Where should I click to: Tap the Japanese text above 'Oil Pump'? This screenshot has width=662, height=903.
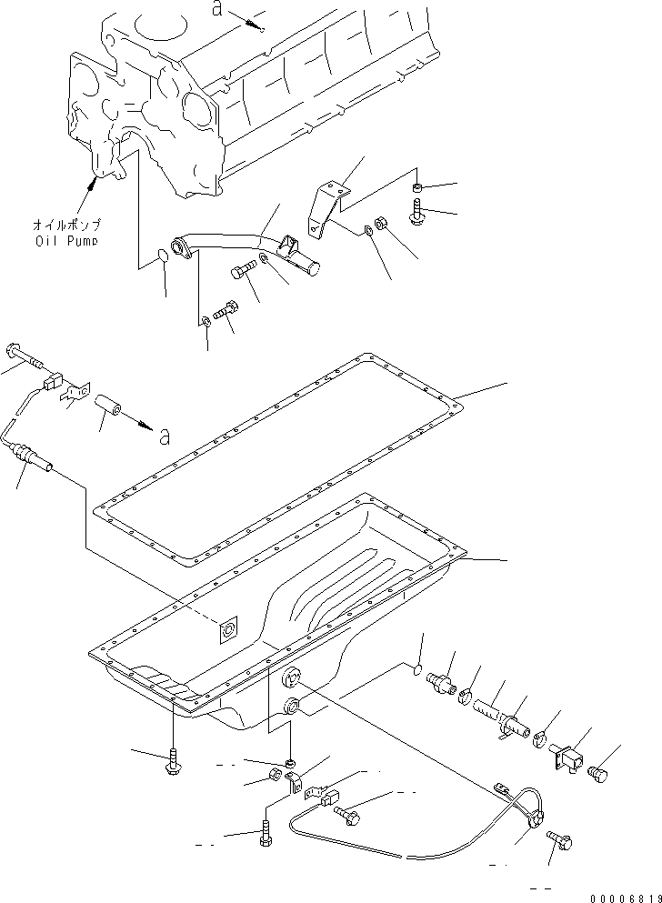tap(67, 225)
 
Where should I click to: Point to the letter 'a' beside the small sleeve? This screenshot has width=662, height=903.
tap(164, 437)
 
